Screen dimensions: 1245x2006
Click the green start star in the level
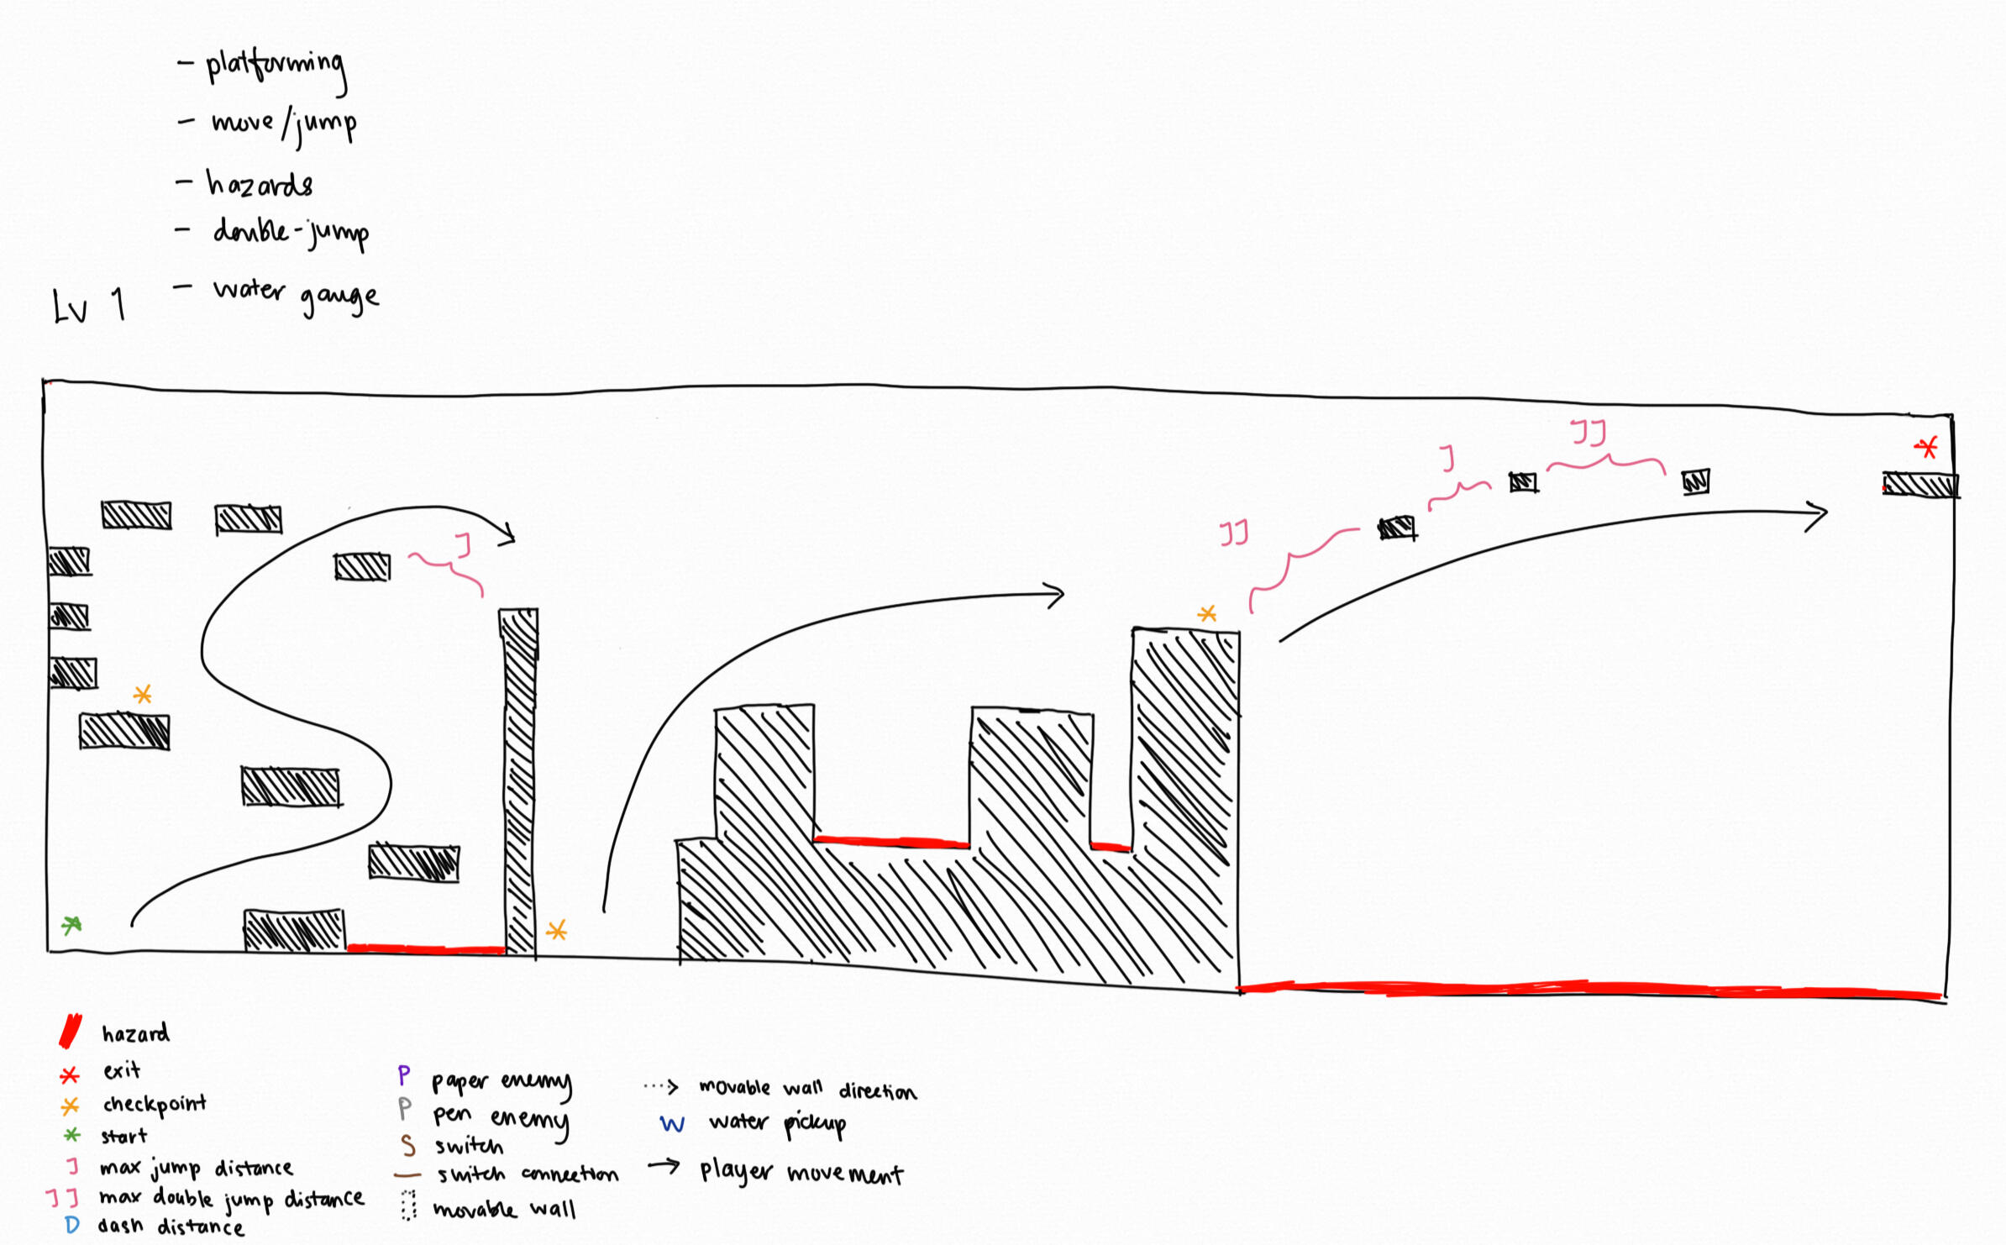coord(71,925)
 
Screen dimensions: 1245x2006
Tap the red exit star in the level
coord(1927,447)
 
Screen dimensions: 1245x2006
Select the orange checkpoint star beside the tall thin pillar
coord(557,930)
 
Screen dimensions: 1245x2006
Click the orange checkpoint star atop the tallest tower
coord(1207,614)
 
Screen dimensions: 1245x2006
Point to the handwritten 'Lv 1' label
coord(89,306)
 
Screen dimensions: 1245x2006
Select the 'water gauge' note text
coord(296,293)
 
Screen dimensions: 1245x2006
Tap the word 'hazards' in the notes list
coord(260,184)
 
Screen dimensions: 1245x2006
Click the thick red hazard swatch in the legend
coord(71,1031)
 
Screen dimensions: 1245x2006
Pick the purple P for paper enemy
coord(404,1075)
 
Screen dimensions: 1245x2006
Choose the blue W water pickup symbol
coord(672,1124)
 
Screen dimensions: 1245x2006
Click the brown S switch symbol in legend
coord(408,1146)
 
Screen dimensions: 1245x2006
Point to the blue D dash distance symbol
coord(72,1225)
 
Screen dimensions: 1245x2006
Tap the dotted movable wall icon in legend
coord(408,1206)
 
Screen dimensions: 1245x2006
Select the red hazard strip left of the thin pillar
coord(425,949)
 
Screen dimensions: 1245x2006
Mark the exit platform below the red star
coord(1920,485)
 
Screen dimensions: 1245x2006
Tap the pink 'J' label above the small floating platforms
coord(1447,458)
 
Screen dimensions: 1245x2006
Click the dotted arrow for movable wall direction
coord(662,1087)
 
